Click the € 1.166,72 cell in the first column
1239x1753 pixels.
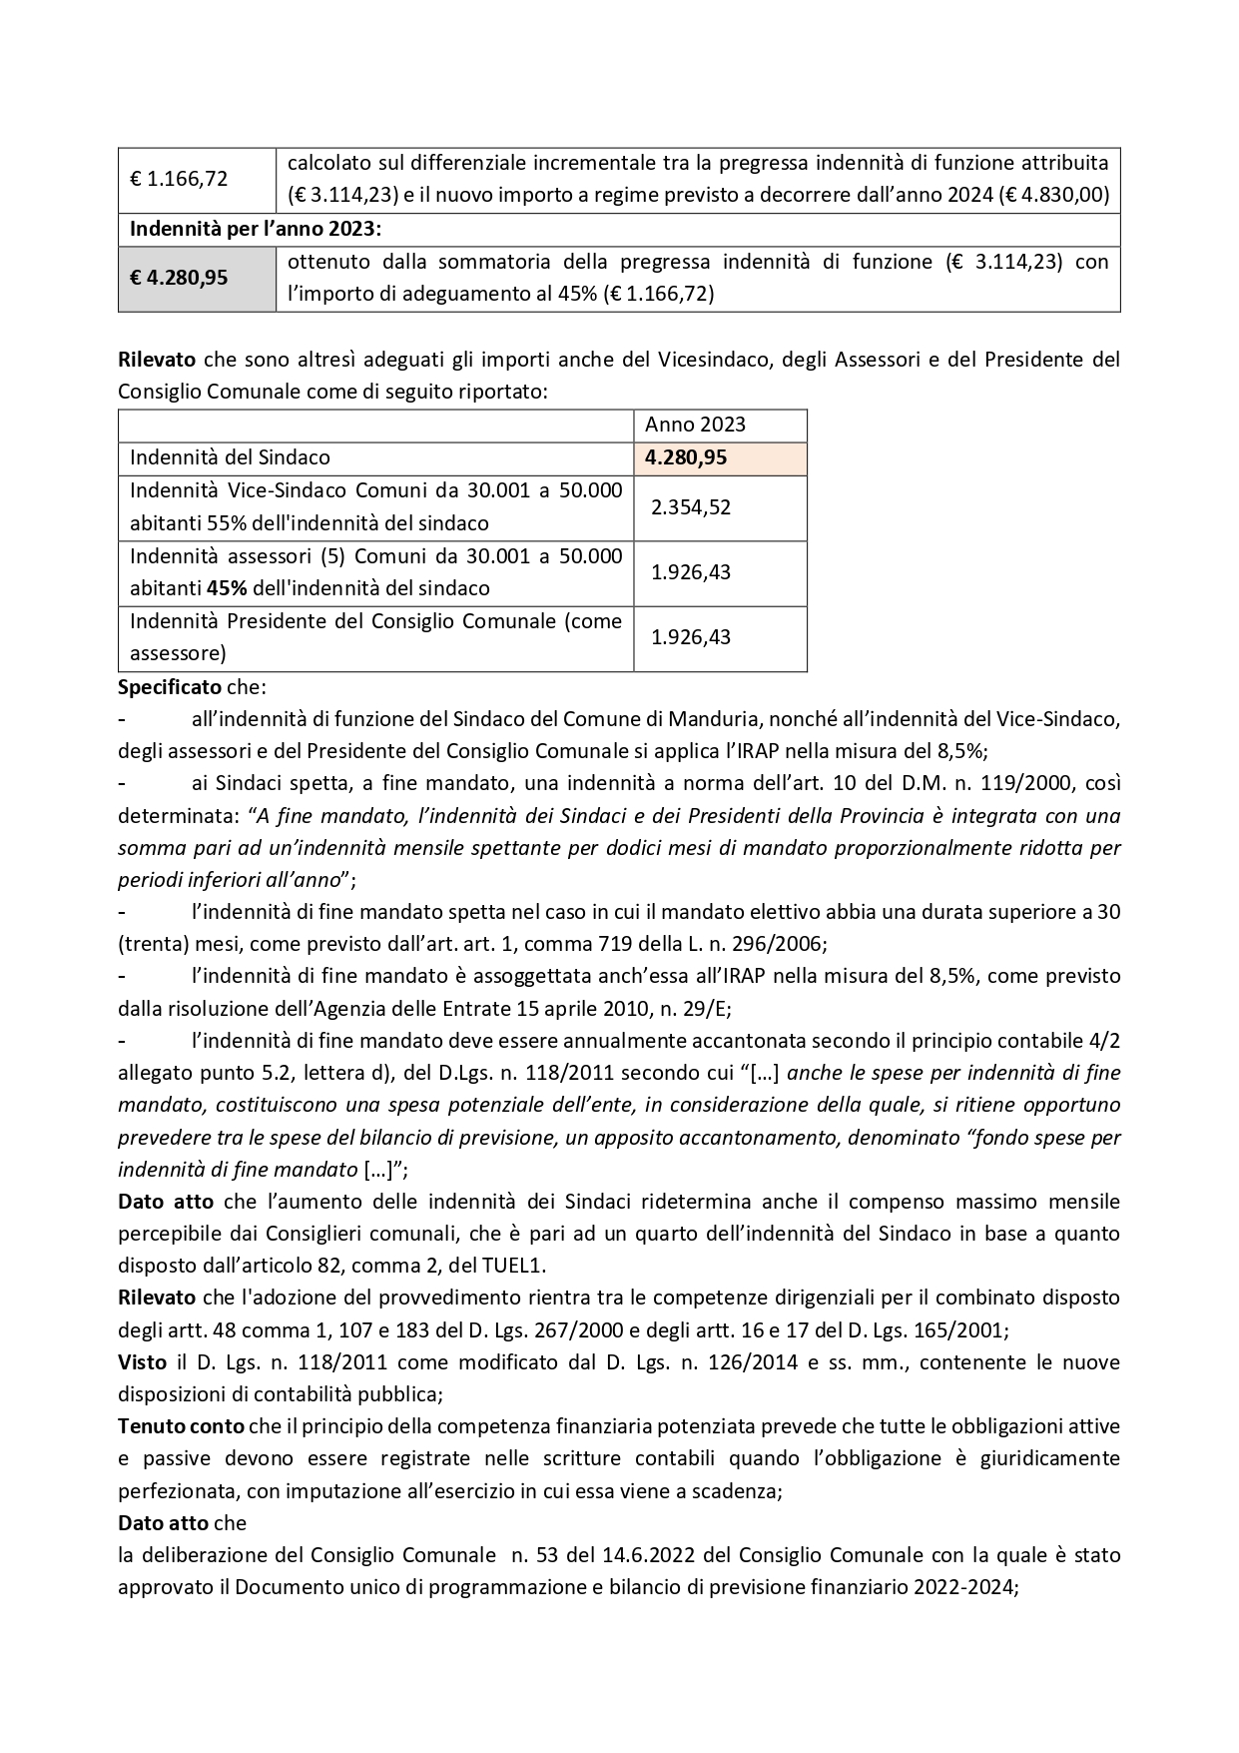tap(179, 179)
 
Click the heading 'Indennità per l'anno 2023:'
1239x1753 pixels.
tap(256, 229)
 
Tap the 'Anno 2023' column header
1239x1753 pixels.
tap(695, 425)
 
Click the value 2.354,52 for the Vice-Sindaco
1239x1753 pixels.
tap(691, 507)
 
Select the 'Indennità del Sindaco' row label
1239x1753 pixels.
tap(230, 457)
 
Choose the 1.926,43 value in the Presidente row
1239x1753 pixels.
tap(691, 637)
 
